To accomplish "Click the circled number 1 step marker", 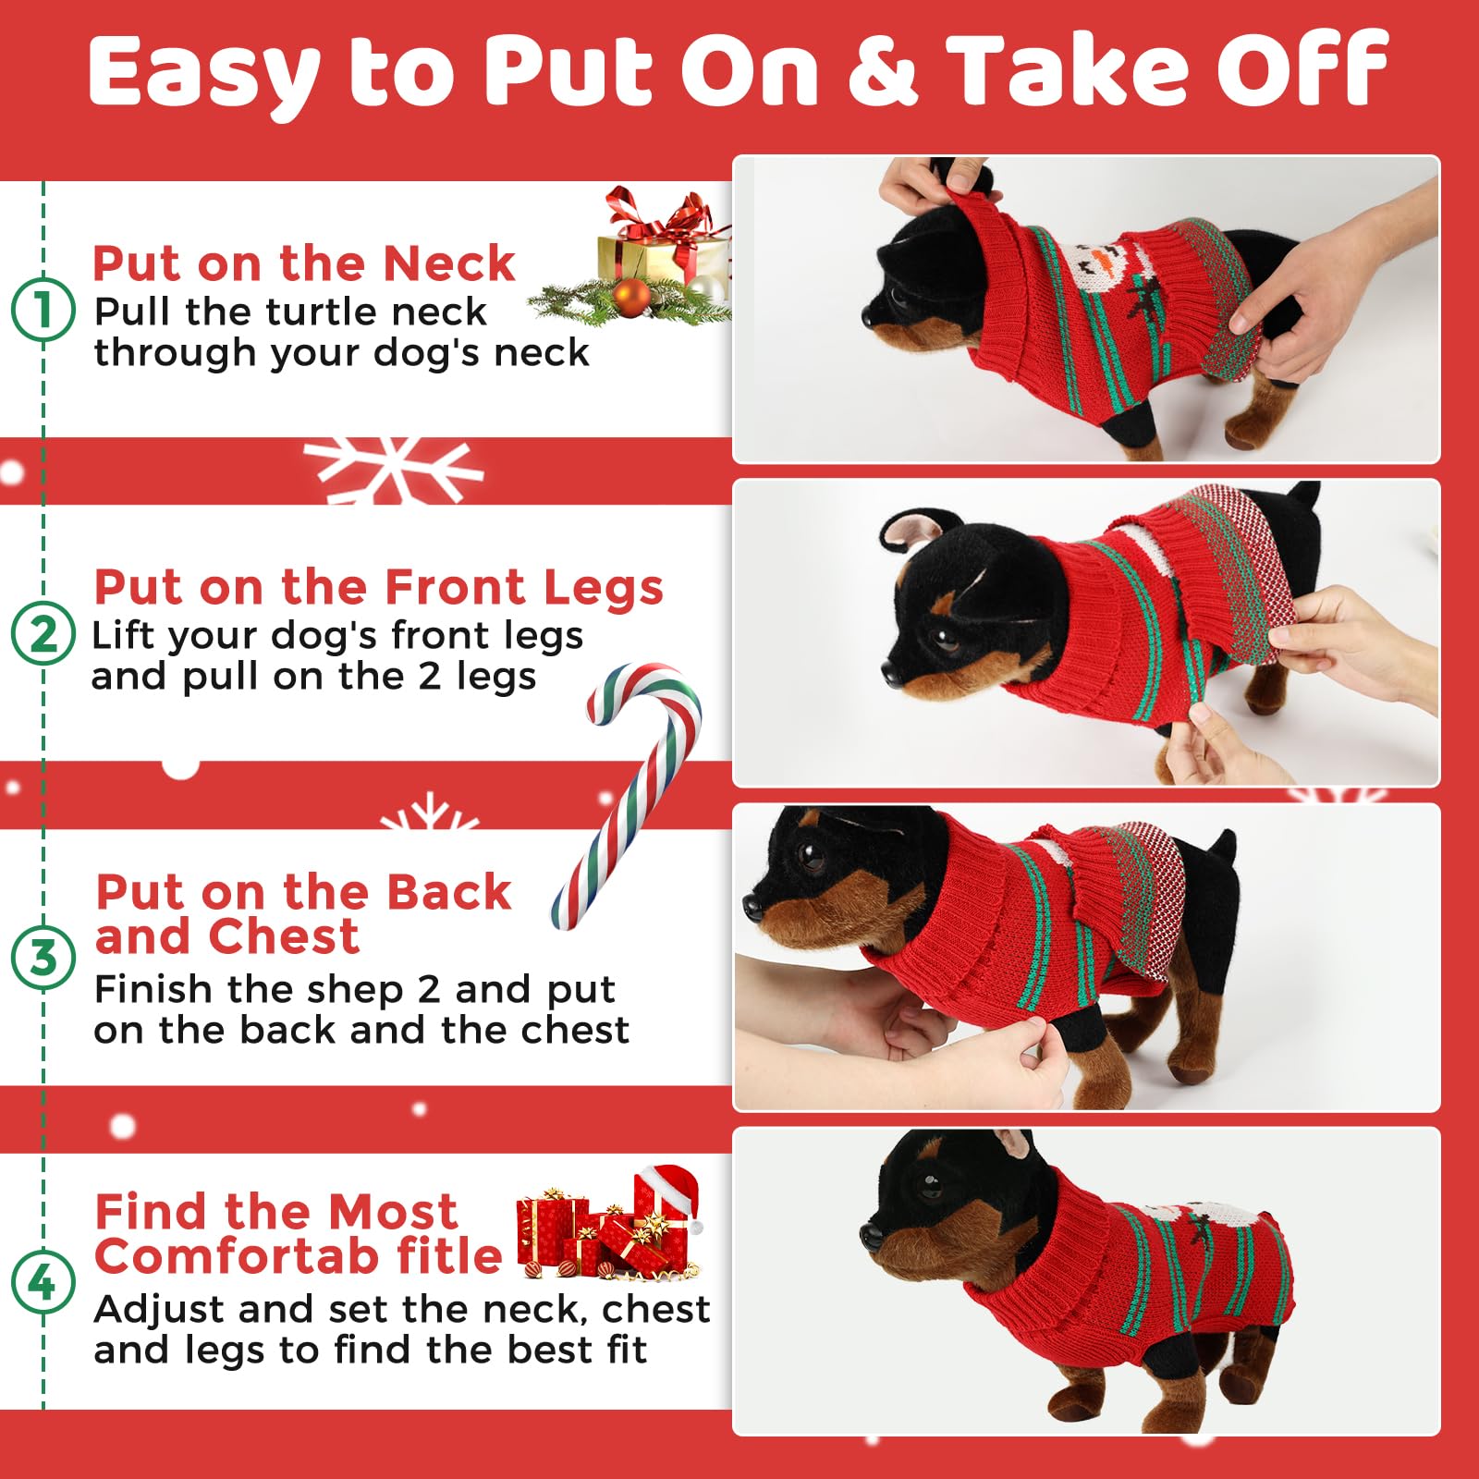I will tap(43, 310).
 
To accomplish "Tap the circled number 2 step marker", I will tap(43, 633).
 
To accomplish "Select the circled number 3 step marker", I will tap(43, 958).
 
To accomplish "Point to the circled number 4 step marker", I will tap(43, 1282).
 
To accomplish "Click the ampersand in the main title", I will tap(882, 70).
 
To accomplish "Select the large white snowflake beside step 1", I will tap(393, 470).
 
